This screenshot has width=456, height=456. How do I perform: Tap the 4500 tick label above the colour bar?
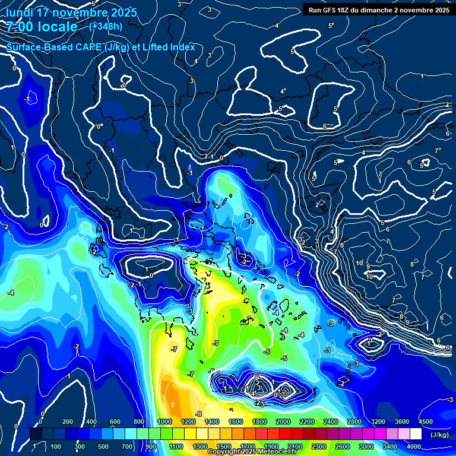pos(425,421)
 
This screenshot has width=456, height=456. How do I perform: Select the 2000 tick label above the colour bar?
pos(283,421)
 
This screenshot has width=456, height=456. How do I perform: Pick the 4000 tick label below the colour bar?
pos(413,446)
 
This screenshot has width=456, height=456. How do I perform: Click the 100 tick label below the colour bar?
pos(56,446)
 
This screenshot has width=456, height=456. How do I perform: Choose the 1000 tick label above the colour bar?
pos(164,421)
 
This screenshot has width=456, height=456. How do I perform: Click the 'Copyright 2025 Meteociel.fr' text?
pos(253,452)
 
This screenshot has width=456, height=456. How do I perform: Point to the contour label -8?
pos(199,414)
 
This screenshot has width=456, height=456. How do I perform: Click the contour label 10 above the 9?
pos(359,263)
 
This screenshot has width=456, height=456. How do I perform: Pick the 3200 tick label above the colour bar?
pos(378,421)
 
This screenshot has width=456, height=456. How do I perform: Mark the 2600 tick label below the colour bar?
pos(342,446)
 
